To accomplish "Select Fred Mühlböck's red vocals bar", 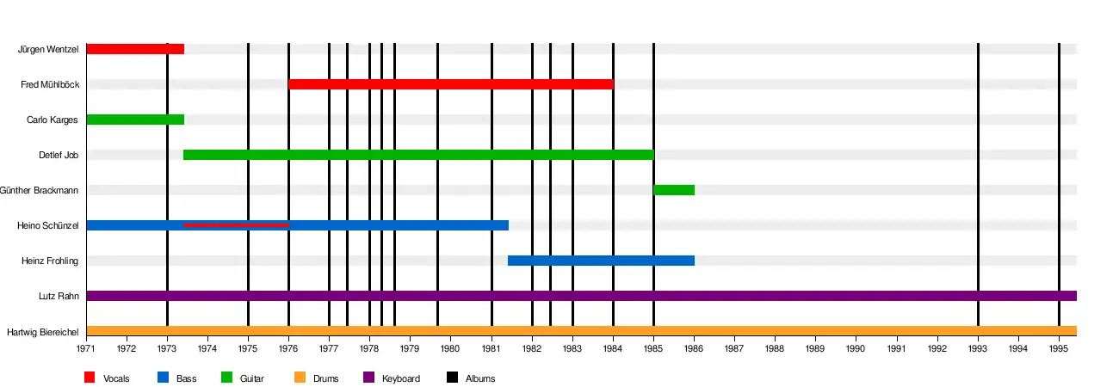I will [450, 84].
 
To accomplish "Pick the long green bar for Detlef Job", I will [418, 155].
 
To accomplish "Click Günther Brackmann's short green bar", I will [674, 190].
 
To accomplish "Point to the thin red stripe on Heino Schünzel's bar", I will [236, 225].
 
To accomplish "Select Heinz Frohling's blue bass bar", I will [601, 261].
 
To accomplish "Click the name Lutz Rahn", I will [59, 296].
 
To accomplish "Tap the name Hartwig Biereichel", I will [43, 331].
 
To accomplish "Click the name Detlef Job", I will [59, 155].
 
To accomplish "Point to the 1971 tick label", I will [86, 349].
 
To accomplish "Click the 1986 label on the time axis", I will [694, 349].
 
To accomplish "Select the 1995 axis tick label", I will [1059, 349].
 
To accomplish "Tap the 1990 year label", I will [856, 349].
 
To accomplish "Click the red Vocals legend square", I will [90, 378].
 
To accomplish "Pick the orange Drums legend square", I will [300, 378].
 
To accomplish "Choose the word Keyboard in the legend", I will [401, 378].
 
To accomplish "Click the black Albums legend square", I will [452, 378].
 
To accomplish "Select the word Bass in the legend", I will [186, 378].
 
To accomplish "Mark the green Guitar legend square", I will [227, 378].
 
